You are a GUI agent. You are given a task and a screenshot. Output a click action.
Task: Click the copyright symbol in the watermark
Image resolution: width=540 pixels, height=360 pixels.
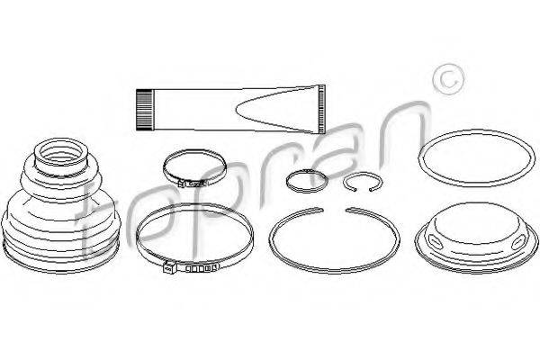(x=448, y=79)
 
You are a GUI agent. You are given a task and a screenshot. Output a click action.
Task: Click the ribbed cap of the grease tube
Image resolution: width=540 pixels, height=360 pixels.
(x=144, y=110)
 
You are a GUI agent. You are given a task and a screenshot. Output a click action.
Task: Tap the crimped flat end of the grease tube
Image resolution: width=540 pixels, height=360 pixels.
(x=321, y=109)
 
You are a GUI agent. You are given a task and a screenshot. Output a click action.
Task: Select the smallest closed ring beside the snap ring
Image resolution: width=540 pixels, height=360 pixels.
(x=307, y=181)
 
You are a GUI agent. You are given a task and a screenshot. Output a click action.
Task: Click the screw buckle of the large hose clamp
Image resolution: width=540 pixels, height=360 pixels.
(x=169, y=267)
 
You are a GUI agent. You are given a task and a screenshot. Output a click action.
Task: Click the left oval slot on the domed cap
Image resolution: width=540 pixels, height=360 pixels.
(x=436, y=239)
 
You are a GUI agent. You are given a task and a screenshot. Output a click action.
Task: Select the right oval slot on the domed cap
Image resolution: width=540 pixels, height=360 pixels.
(x=518, y=243)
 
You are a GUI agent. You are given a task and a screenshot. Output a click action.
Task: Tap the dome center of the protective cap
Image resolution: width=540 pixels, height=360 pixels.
(x=476, y=220)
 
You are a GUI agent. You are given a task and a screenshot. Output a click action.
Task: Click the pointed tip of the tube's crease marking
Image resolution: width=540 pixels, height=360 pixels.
(x=238, y=110)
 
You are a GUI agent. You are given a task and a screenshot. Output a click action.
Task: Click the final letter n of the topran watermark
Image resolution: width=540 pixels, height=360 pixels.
(x=400, y=134)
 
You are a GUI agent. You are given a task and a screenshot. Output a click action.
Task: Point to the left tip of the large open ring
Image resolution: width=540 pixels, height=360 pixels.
(x=321, y=209)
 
